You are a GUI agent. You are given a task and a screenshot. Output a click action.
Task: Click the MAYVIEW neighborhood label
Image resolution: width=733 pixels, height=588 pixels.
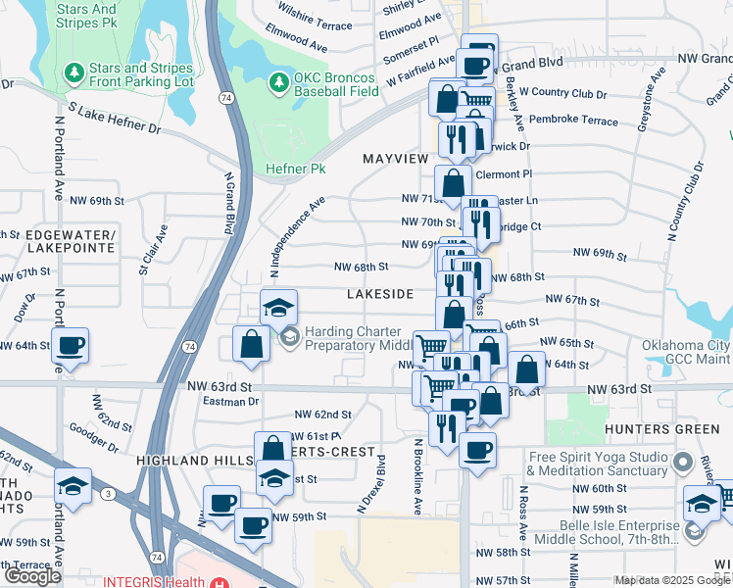[396, 158]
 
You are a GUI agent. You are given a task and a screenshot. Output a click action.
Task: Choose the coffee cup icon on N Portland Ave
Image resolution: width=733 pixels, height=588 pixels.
[71, 346]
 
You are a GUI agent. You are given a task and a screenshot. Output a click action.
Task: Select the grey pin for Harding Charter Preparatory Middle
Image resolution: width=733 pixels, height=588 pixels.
[290, 338]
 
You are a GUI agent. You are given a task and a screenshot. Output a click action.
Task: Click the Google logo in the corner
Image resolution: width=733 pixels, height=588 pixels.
[32, 576]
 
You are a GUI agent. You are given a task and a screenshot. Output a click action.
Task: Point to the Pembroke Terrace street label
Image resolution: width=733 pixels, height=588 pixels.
[573, 121]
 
